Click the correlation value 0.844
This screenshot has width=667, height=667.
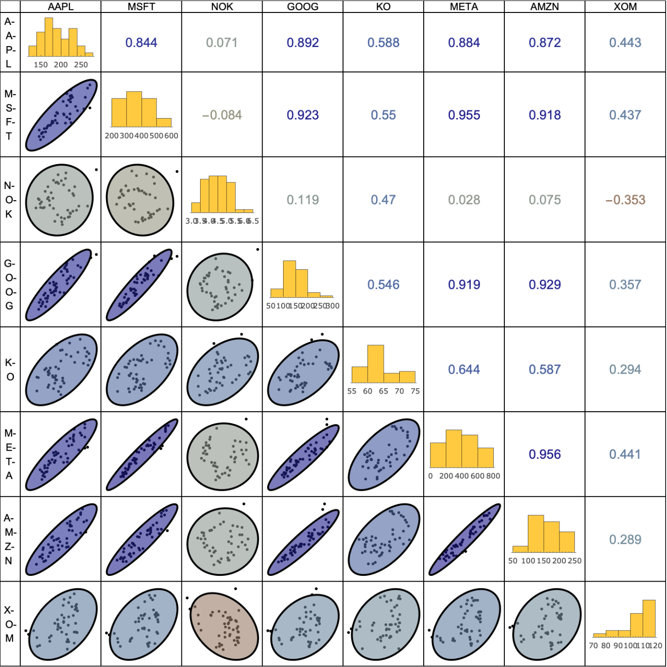click(x=141, y=43)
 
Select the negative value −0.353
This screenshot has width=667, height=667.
click(x=625, y=200)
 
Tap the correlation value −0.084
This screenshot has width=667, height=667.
click(x=222, y=115)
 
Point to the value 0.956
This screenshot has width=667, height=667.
click(x=545, y=454)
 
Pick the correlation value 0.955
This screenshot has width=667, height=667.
click(x=464, y=115)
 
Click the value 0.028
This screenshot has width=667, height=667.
click(x=464, y=200)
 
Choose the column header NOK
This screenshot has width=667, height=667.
click(x=222, y=7)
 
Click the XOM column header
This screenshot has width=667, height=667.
click(x=625, y=7)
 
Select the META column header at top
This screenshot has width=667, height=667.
click(x=464, y=7)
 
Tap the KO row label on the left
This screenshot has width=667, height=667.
click(x=10, y=369)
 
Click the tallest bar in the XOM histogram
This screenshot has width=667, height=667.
click(x=649, y=618)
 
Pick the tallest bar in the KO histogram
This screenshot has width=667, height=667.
click(x=376, y=364)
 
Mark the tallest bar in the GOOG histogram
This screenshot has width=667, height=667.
click(x=289, y=279)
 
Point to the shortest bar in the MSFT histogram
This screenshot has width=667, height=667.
click(x=164, y=122)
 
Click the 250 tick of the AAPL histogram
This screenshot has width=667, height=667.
click(x=81, y=65)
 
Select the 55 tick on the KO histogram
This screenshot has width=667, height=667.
click(x=352, y=391)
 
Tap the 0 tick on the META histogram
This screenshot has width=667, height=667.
click(x=430, y=476)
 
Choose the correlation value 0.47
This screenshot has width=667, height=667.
click(x=383, y=200)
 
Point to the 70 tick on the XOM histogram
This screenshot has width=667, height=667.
click(x=594, y=646)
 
